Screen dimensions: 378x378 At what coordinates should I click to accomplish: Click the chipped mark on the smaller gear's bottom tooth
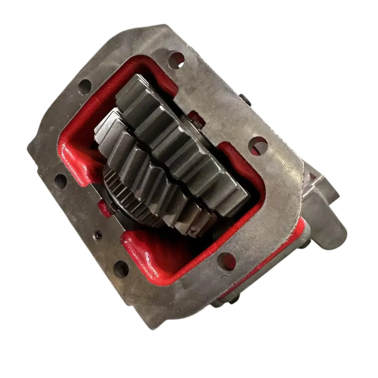pos(193,230)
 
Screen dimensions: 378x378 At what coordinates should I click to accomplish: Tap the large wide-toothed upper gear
pos(184,140)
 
